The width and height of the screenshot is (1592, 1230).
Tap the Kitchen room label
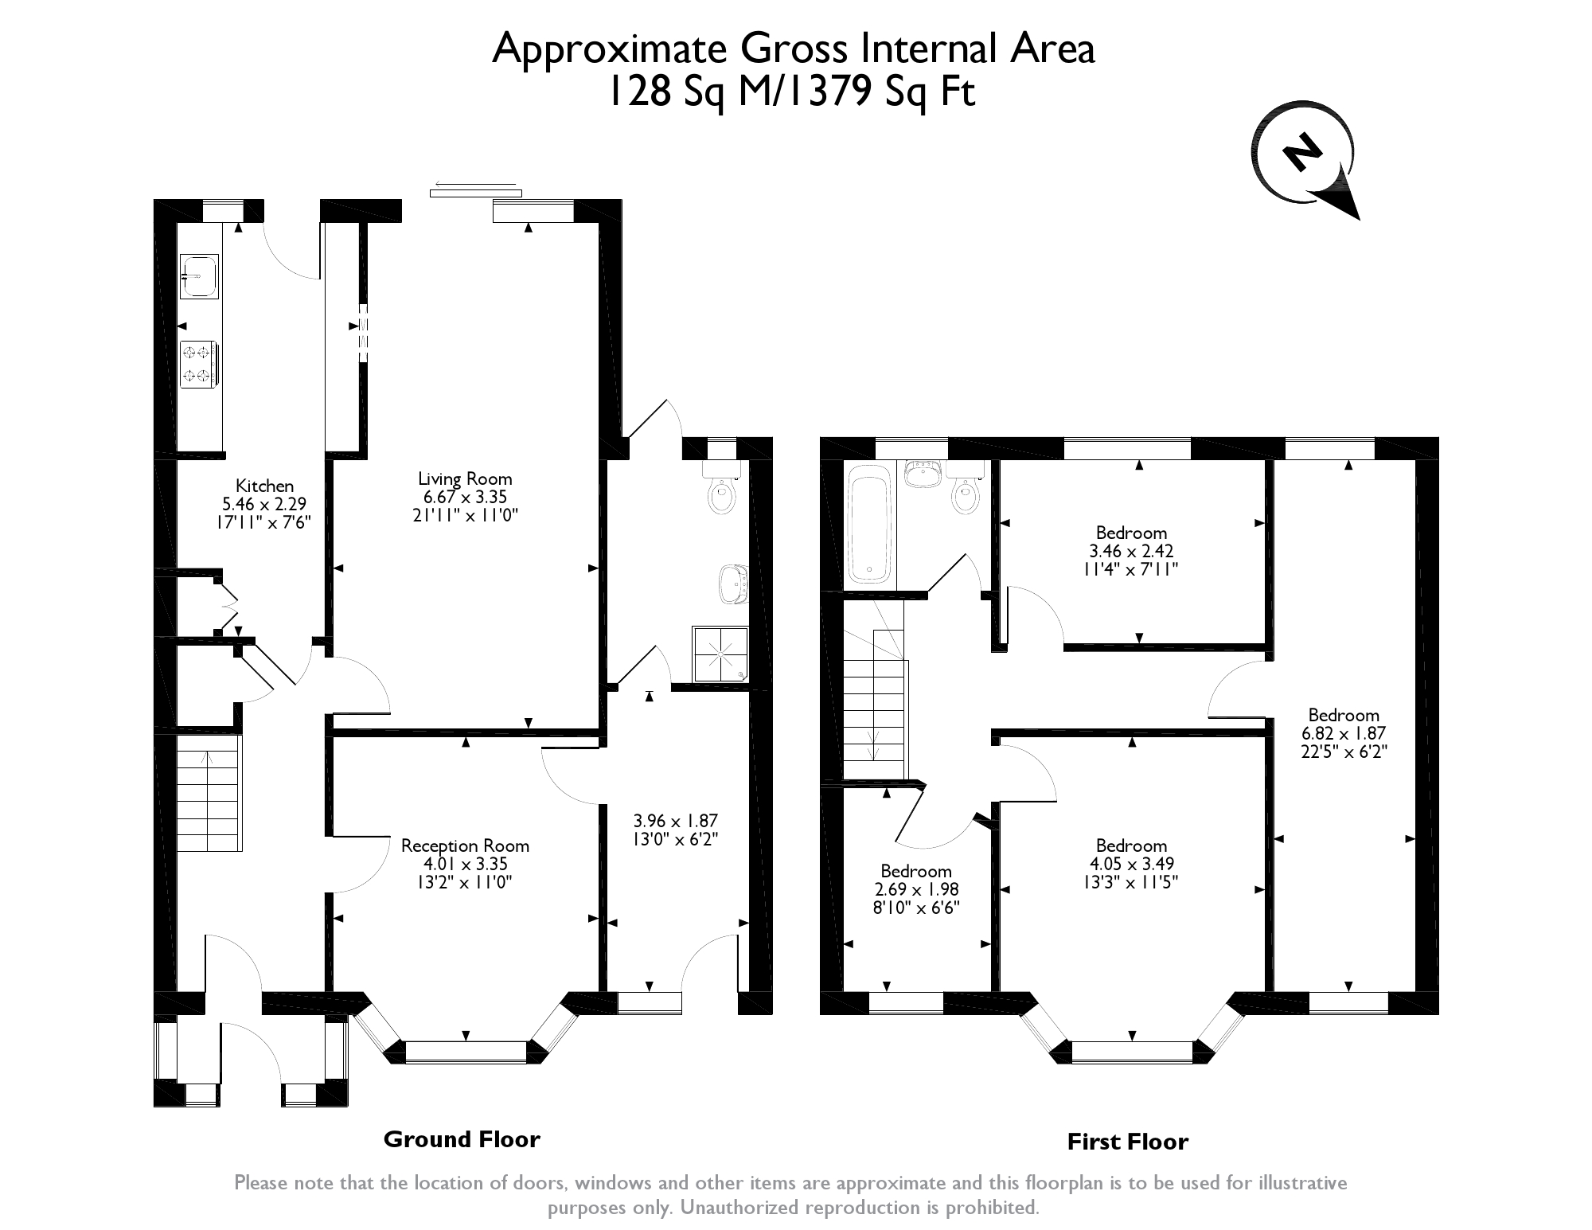click(x=264, y=486)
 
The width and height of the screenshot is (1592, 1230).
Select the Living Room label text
click(x=466, y=478)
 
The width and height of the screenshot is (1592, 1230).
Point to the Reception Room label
click(x=465, y=845)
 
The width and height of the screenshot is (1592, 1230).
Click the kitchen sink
click(x=199, y=276)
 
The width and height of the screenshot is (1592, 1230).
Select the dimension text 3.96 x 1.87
click(x=676, y=821)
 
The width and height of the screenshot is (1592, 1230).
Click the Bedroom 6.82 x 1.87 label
click(x=1344, y=733)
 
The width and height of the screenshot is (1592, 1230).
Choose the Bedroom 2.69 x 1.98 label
click(x=916, y=889)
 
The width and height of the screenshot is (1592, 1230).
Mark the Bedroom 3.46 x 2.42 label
click(x=1131, y=551)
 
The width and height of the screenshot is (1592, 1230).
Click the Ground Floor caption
click(x=462, y=1139)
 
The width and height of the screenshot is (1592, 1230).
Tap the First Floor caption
click(x=1127, y=1142)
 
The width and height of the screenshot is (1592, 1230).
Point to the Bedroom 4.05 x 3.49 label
click(x=1131, y=863)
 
